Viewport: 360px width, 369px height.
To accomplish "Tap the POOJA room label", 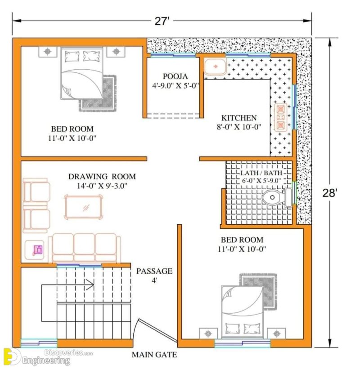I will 175,76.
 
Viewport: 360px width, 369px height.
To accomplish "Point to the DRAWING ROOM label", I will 102,177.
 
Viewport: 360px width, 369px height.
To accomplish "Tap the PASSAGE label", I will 154,271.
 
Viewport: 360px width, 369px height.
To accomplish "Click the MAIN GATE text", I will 154,355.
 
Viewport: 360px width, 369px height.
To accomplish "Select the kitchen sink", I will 215,67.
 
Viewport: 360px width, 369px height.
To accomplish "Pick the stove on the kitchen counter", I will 281,116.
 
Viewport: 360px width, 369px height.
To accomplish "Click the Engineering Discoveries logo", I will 40,357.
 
